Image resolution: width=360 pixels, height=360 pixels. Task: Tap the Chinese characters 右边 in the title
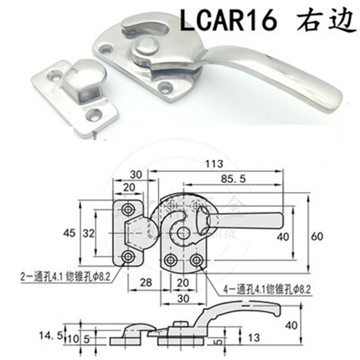tap(323, 19)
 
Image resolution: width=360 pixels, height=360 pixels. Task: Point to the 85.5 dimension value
tap(233, 179)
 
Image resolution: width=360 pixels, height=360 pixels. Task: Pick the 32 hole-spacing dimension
tap(88, 233)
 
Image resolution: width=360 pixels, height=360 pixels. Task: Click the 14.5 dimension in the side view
tap(50, 335)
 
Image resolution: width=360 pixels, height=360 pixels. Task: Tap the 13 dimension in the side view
tap(255, 336)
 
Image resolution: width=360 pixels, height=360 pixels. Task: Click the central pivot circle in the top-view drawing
tap(183, 233)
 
